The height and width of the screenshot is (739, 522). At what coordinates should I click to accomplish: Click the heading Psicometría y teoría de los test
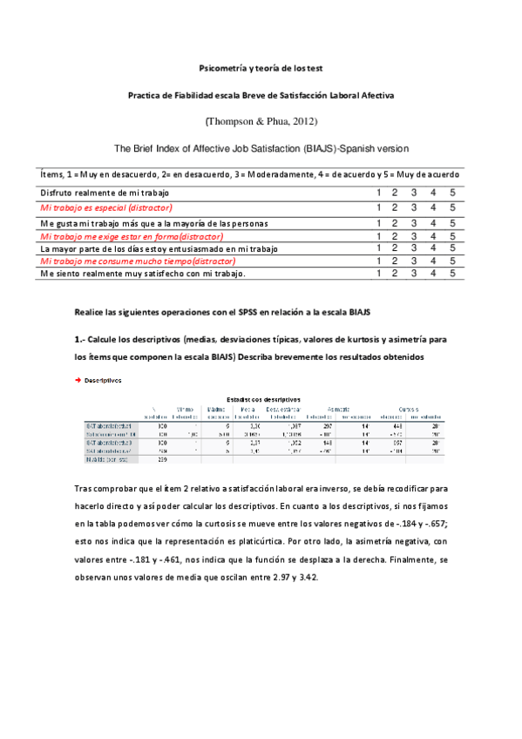tap(261, 67)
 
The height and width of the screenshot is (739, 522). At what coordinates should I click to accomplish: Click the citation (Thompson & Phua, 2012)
tap(261, 119)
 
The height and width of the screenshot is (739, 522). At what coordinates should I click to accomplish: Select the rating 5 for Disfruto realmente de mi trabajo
tap(452, 193)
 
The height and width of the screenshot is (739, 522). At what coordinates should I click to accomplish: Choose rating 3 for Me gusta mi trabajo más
tap(415, 223)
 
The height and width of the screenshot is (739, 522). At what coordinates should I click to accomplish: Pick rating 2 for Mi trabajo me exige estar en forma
tap(397, 236)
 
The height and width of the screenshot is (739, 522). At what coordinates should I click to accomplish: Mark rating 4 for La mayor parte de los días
tap(434, 248)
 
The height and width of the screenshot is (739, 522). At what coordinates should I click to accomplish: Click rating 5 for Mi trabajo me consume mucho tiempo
tap(452, 261)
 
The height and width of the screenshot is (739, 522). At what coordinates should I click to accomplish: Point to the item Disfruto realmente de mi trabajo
tap(105, 193)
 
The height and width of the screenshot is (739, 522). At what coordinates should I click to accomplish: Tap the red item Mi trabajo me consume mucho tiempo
tap(138, 261)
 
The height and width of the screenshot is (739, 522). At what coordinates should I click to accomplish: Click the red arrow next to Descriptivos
tap(78, 380)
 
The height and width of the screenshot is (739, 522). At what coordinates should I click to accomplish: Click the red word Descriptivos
tap(103, 380)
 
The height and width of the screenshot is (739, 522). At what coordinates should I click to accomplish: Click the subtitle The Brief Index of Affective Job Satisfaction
tap(261, 149)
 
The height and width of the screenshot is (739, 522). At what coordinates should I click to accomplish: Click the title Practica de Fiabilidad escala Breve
tap(261, 94)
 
